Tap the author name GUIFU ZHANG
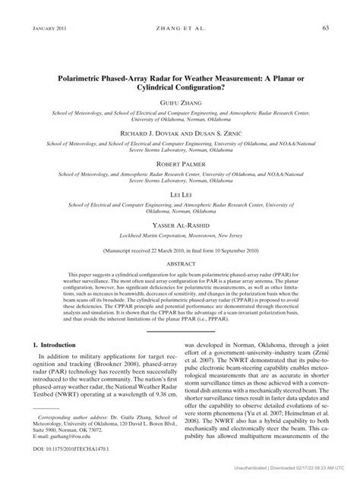pyautogui.click(x=179, y=100)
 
